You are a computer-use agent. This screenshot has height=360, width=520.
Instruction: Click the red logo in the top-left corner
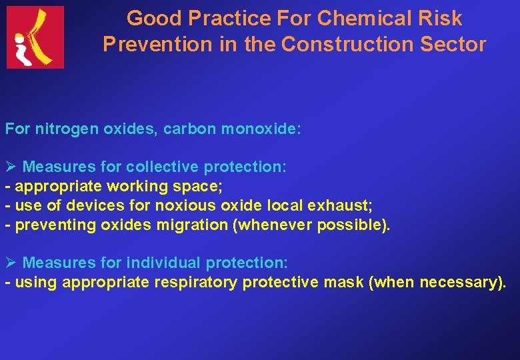point(35,37)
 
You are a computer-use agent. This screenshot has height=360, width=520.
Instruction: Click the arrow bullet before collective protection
point(11,167)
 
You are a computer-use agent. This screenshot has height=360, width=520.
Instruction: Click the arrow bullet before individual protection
point(11,263)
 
